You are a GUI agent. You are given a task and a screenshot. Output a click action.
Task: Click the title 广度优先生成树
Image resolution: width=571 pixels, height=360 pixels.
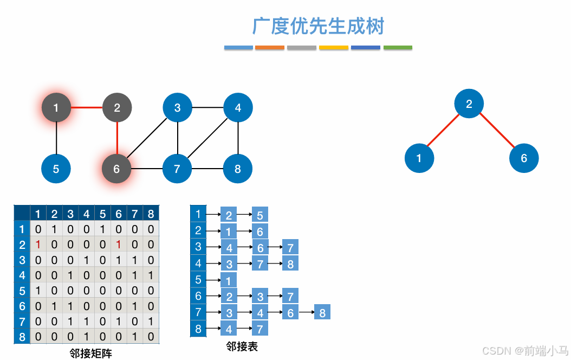point(318,26)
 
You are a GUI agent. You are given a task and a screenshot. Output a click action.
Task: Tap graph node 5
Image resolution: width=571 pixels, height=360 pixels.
point(56,169)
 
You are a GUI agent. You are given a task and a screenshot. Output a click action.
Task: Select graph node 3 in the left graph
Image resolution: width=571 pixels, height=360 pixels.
point(178,108)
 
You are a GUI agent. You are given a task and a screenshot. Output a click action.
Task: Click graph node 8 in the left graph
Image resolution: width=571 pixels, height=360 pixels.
point(238,169)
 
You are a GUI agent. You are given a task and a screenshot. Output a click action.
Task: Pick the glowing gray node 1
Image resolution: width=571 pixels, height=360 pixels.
point(56,108)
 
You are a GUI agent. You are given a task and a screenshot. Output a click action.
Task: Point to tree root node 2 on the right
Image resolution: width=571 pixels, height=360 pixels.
point(469,104)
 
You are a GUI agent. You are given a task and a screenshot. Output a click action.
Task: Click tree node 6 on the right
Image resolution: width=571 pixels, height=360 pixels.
point(524,158)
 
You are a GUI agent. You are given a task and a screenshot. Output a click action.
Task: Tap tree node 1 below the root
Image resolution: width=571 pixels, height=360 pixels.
point(419,158)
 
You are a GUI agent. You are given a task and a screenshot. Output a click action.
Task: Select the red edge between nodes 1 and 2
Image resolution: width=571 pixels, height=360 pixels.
point(87,107)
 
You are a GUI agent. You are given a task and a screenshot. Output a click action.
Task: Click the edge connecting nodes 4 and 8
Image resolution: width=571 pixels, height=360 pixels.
point(238,138)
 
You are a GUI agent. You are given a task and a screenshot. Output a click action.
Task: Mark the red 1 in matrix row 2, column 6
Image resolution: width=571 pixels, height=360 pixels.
point(119,245)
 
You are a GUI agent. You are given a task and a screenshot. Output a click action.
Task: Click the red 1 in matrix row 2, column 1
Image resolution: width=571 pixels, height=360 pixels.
point(38,245)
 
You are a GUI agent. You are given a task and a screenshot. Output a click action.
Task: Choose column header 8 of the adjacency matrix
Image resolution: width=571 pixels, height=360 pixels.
point(151,214)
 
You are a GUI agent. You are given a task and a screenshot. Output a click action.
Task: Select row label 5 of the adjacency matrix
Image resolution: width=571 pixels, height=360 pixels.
point(22,291)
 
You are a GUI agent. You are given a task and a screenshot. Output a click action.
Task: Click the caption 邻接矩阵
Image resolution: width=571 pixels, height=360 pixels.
point(91,353)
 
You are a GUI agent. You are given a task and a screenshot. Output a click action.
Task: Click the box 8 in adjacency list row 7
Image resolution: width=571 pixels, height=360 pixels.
point(322,312)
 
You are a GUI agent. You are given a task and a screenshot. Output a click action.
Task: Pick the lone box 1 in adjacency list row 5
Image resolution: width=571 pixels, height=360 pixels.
point(229,280)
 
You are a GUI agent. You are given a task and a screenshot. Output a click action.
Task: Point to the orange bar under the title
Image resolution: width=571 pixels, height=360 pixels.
point(269,48)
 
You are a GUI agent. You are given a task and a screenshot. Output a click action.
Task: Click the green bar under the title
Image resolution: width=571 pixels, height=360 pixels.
point(398,48)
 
